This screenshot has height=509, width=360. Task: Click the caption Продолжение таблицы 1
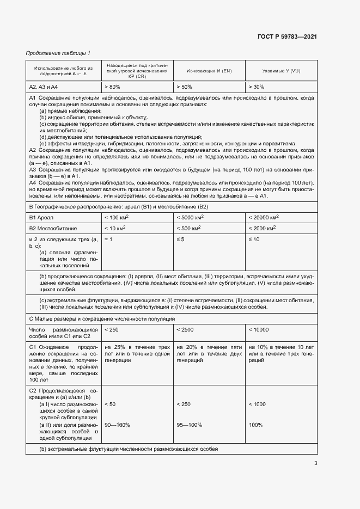tap(58, 53)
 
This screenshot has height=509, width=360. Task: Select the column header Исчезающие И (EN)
tap(209, 71)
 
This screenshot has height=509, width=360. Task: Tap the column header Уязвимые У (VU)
tap(281, 71)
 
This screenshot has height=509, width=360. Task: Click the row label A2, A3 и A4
tap(44, 87)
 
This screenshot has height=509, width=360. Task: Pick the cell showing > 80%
tap(112, 87)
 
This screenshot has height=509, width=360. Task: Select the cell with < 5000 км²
tap(193, 218)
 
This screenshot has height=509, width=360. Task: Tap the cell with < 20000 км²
tap(266, 218)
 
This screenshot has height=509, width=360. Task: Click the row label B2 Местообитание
tap(53, 229)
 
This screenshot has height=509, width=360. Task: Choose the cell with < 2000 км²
tap(265, 229)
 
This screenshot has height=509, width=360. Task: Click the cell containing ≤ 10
tap(254, 240)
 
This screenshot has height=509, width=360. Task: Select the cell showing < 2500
tap(185, 330)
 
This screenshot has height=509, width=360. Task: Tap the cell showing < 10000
tap(259, 330)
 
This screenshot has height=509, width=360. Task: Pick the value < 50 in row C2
tap(109, 404)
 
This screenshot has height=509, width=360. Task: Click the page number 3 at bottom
tap(315, 463)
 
